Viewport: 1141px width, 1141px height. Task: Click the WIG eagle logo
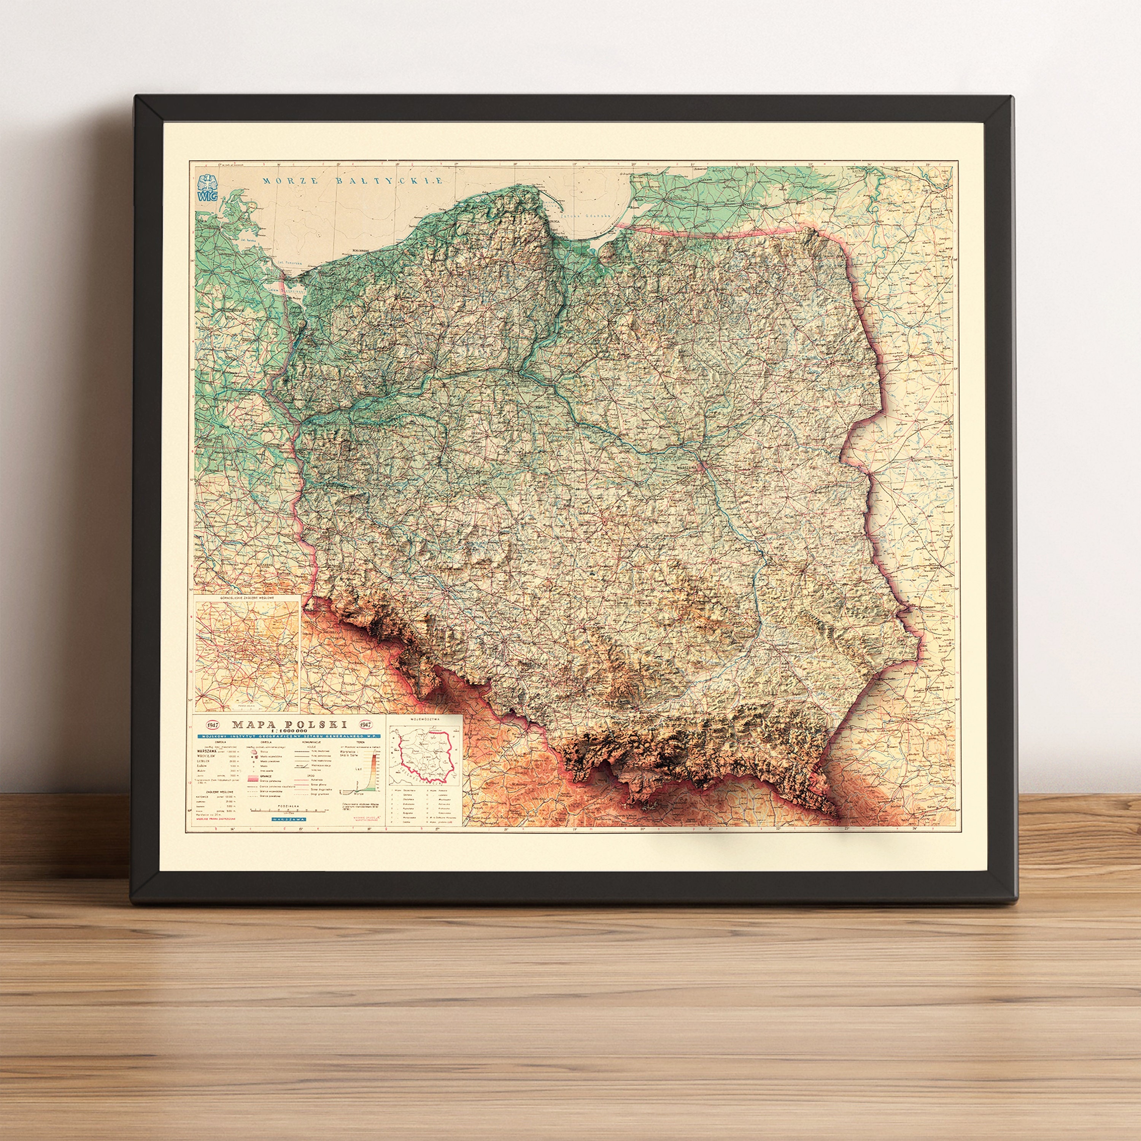pos(207,188)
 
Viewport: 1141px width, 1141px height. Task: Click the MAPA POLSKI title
pos(289,724)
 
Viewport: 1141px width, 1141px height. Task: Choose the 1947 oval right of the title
pos(366,724)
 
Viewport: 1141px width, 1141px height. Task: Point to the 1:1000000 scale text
pos(289,731)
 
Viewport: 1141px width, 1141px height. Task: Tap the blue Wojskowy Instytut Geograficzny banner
pos(289,736)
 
